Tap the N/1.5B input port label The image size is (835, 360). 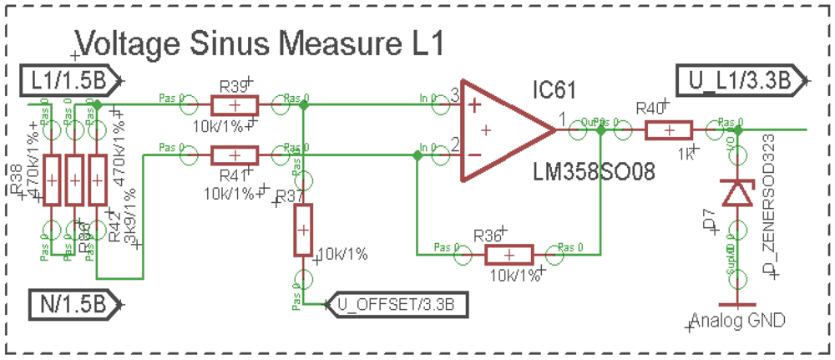71,302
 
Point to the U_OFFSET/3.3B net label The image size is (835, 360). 397,302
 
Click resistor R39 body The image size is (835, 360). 235,105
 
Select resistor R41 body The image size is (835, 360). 235,155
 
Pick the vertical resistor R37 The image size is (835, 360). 303,229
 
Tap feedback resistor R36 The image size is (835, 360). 509,255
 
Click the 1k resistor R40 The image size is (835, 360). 668,130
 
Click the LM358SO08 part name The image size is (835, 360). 590,173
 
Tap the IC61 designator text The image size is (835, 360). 554,89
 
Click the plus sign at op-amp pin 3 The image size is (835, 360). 474,105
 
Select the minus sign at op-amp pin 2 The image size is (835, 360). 474,155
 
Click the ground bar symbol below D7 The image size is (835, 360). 736,303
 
